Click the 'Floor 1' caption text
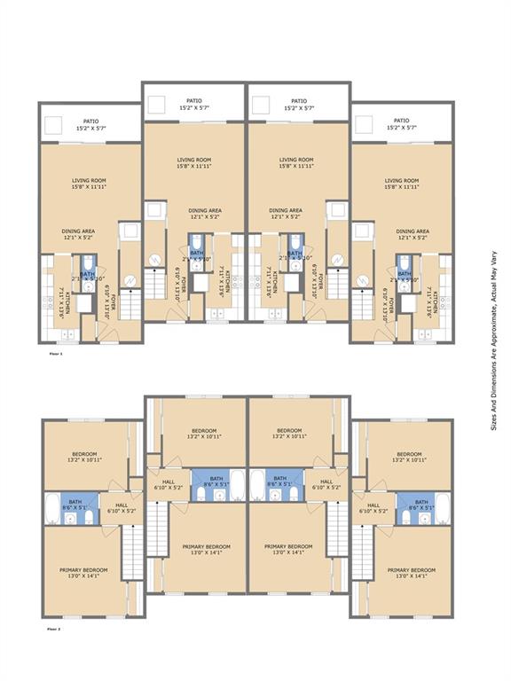pos(55,354)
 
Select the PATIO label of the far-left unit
pos(90,121)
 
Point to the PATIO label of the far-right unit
pos(401,121)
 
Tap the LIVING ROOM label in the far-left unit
pos(89,180)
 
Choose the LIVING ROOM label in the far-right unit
pos(401,180)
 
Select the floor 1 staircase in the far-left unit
pos(130,304)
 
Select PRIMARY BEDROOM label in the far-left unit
pos(83,569)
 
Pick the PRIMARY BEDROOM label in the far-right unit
pos(411,569)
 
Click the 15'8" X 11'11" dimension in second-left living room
pos(193,166)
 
